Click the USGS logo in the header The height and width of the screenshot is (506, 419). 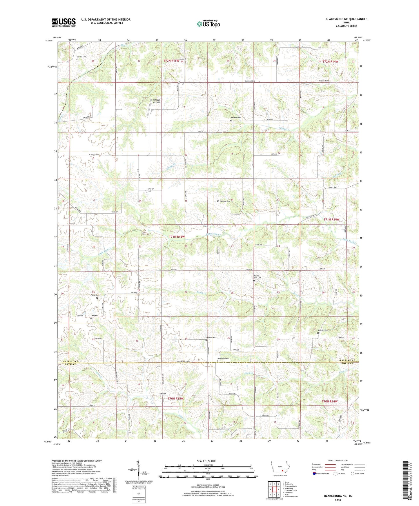(64, 22)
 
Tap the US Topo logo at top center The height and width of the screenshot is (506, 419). (208, 24)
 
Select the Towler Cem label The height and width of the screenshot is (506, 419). (81, 57)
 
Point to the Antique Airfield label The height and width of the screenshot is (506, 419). (156, 101)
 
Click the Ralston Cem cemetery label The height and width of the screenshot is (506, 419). (236, 118)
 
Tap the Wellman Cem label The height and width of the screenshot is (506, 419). (225, 201)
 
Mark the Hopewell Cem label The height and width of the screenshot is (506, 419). (223, 358)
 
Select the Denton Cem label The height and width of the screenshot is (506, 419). (211, 338)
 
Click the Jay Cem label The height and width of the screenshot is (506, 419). (94, 316)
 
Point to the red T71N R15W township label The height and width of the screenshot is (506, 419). (177, 237)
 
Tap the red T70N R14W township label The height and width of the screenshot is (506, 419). (330, 401)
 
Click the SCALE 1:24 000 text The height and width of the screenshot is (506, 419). (206, 461)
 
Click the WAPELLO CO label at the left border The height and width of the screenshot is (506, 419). (70, 361)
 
